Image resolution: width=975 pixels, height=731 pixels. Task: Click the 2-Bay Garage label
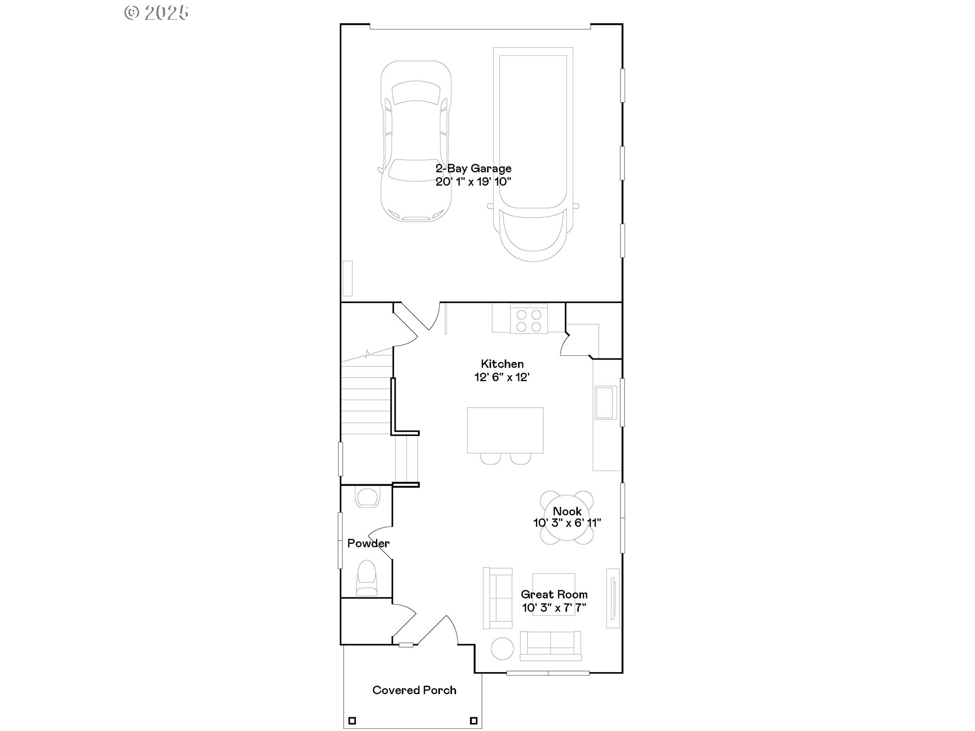pyautogui.click(x=473, y=169)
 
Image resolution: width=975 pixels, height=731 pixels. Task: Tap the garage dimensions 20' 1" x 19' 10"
pyautogui.click(x=473, y=182)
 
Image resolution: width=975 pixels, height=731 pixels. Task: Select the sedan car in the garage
pyautogui.click(x=416, y=141)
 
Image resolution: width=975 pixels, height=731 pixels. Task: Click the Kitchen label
pyautogui.click(x=502, y=364)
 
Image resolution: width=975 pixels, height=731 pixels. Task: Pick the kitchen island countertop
pyautogui.click(x=505, y=430)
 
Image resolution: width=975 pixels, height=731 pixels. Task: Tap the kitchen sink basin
pyautogui.click(x=606, y=403)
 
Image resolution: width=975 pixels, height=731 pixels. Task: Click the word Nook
pyautogui.click(x=567, y=511)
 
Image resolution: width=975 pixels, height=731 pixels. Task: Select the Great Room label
pyautogui.click(x=554, y=594)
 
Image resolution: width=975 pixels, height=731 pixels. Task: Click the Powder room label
pyautogui.click(x=368, y=543)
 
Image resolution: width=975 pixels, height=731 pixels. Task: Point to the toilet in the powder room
pyautogui.click(x=367, y=578)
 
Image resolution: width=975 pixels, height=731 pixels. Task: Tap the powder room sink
pyautogui.click(x=367, y=497)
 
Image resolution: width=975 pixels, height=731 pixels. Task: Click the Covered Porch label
pyautogui.click(x=414, y=690)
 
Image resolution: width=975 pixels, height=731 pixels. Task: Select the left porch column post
pyautogui.click(x=352, y=720)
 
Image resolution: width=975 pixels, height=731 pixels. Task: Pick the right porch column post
pyautogui.click(x=473, y=720)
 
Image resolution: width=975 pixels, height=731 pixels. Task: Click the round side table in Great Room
pyautogui.click(x=503, y=648)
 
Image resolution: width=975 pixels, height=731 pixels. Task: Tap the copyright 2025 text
pyautogui.click(x=157, y=13)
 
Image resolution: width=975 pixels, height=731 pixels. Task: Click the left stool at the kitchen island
pyautogui.click(x=490, y=458)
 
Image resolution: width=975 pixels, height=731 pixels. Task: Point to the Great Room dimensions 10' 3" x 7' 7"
pyautogui.click(x=554, y=608)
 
